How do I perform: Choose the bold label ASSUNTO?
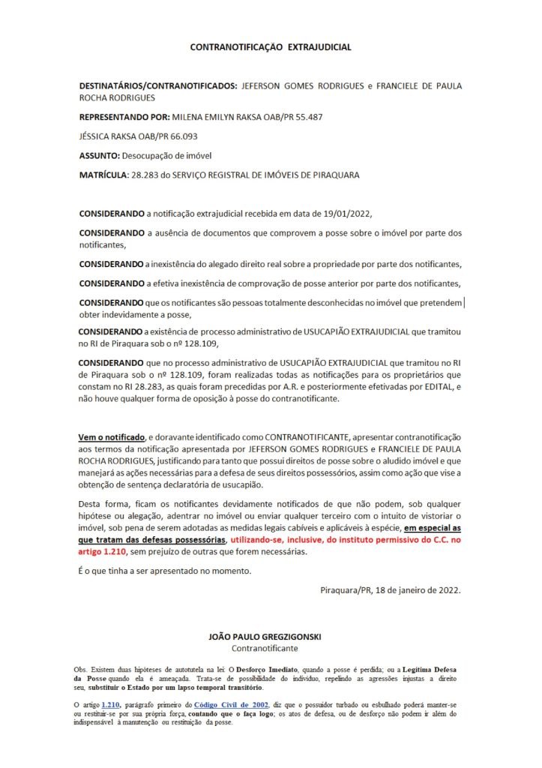coord(99,155)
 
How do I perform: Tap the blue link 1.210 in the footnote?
coord(110,705)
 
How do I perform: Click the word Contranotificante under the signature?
coord(265,647)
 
